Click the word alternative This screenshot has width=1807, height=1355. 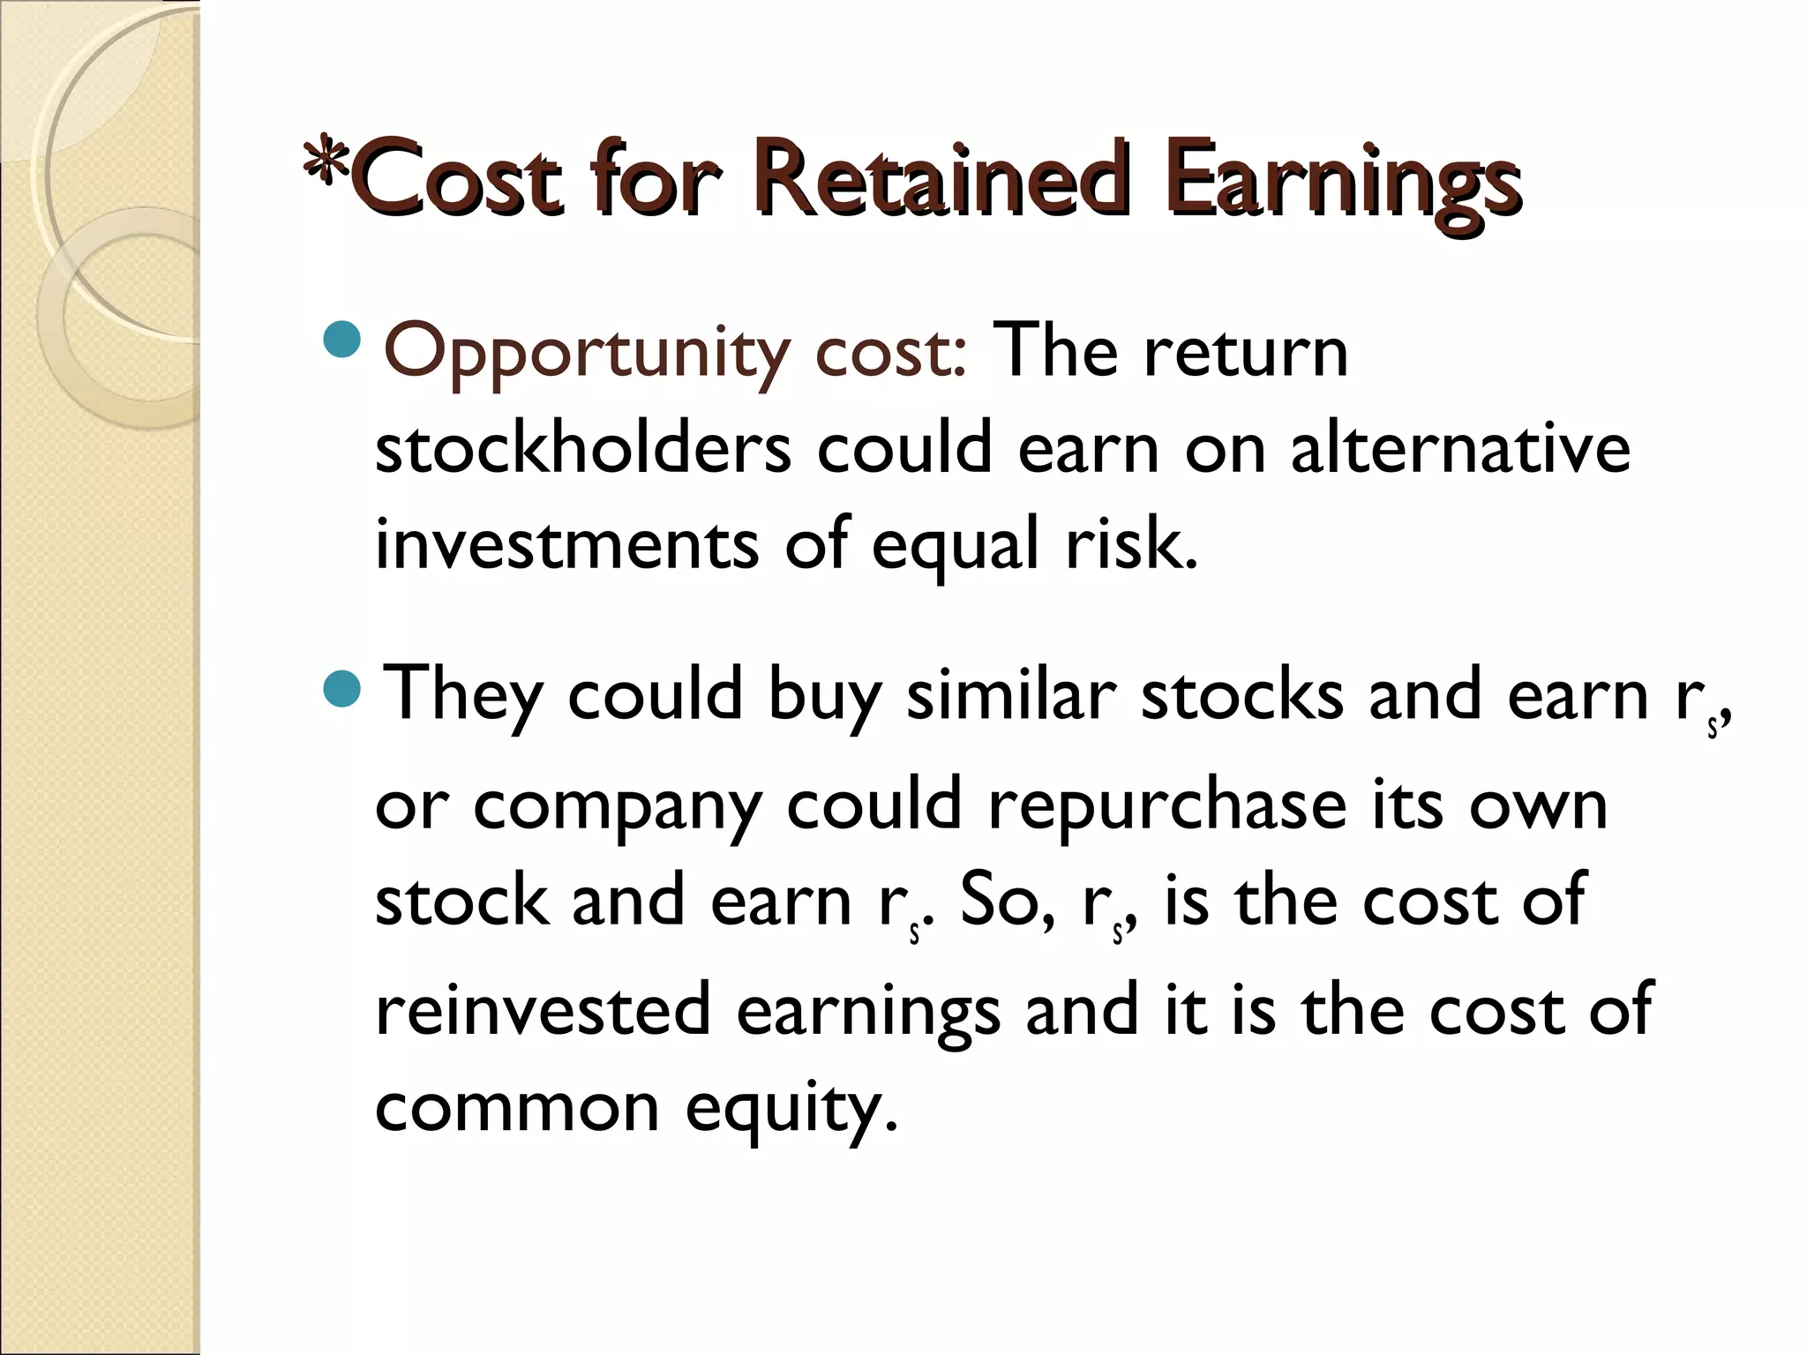1460,447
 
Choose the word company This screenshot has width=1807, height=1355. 617,807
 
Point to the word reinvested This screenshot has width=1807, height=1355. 543,1009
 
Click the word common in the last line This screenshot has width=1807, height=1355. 517,1108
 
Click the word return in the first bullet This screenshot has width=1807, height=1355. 1245,351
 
